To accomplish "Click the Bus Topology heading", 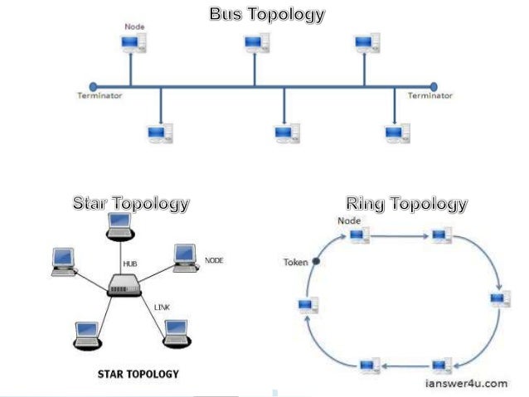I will [x=267, y=15].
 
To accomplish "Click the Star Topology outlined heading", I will [x=131, y=203].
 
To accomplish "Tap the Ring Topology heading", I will [x=406, y=203].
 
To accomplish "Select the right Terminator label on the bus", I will [x=430, y=96].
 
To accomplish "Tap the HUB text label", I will [x=130, y=263].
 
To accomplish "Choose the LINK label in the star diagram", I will [x=163, y=307].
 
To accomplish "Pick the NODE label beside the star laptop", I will [x=214, y=260].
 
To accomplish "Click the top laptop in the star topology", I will [x=119, y=225].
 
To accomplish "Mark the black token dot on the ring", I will [x=316, y=262].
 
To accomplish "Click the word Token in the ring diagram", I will [x=296, y=263].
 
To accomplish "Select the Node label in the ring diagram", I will [x=348, y=220].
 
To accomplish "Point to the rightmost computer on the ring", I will [x=499, y=299].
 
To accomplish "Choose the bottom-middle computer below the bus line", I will [x=286, y=133].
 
